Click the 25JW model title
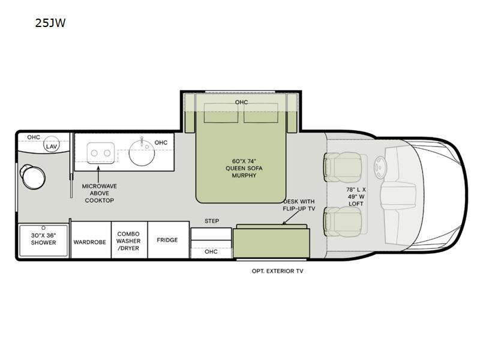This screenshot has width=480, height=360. (x=50, y=23)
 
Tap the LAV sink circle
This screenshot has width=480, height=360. (x=52, y=145)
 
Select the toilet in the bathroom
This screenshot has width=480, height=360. (x=32, y=176)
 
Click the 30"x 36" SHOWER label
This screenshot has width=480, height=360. (x=43, y=239)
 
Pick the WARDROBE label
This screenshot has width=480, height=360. (x=89, y=242)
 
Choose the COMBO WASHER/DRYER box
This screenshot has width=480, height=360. (x=129, y=240)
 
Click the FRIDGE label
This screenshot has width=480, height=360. (x=167, y=240)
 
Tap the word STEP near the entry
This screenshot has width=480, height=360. (x=212, y=221)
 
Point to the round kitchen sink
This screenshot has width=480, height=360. (x=142, y=152)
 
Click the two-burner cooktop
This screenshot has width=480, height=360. (x=101, y=153)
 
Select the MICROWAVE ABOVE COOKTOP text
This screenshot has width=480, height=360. (x=100, y=193)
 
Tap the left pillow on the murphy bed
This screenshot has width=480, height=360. (x=221, y=113)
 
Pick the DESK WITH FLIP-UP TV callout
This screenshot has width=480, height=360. (x=299, y=205)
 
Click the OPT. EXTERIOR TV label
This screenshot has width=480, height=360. (x=277, y=271)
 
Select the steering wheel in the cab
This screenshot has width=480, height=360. (x=380, y=167)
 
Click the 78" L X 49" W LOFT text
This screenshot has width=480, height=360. (x=356, y=197)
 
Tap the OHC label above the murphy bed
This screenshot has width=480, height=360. (x=242, y=102)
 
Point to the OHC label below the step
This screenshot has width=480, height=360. (x=211, y=251)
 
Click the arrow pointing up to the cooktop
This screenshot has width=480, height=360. (x=98, y=173)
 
